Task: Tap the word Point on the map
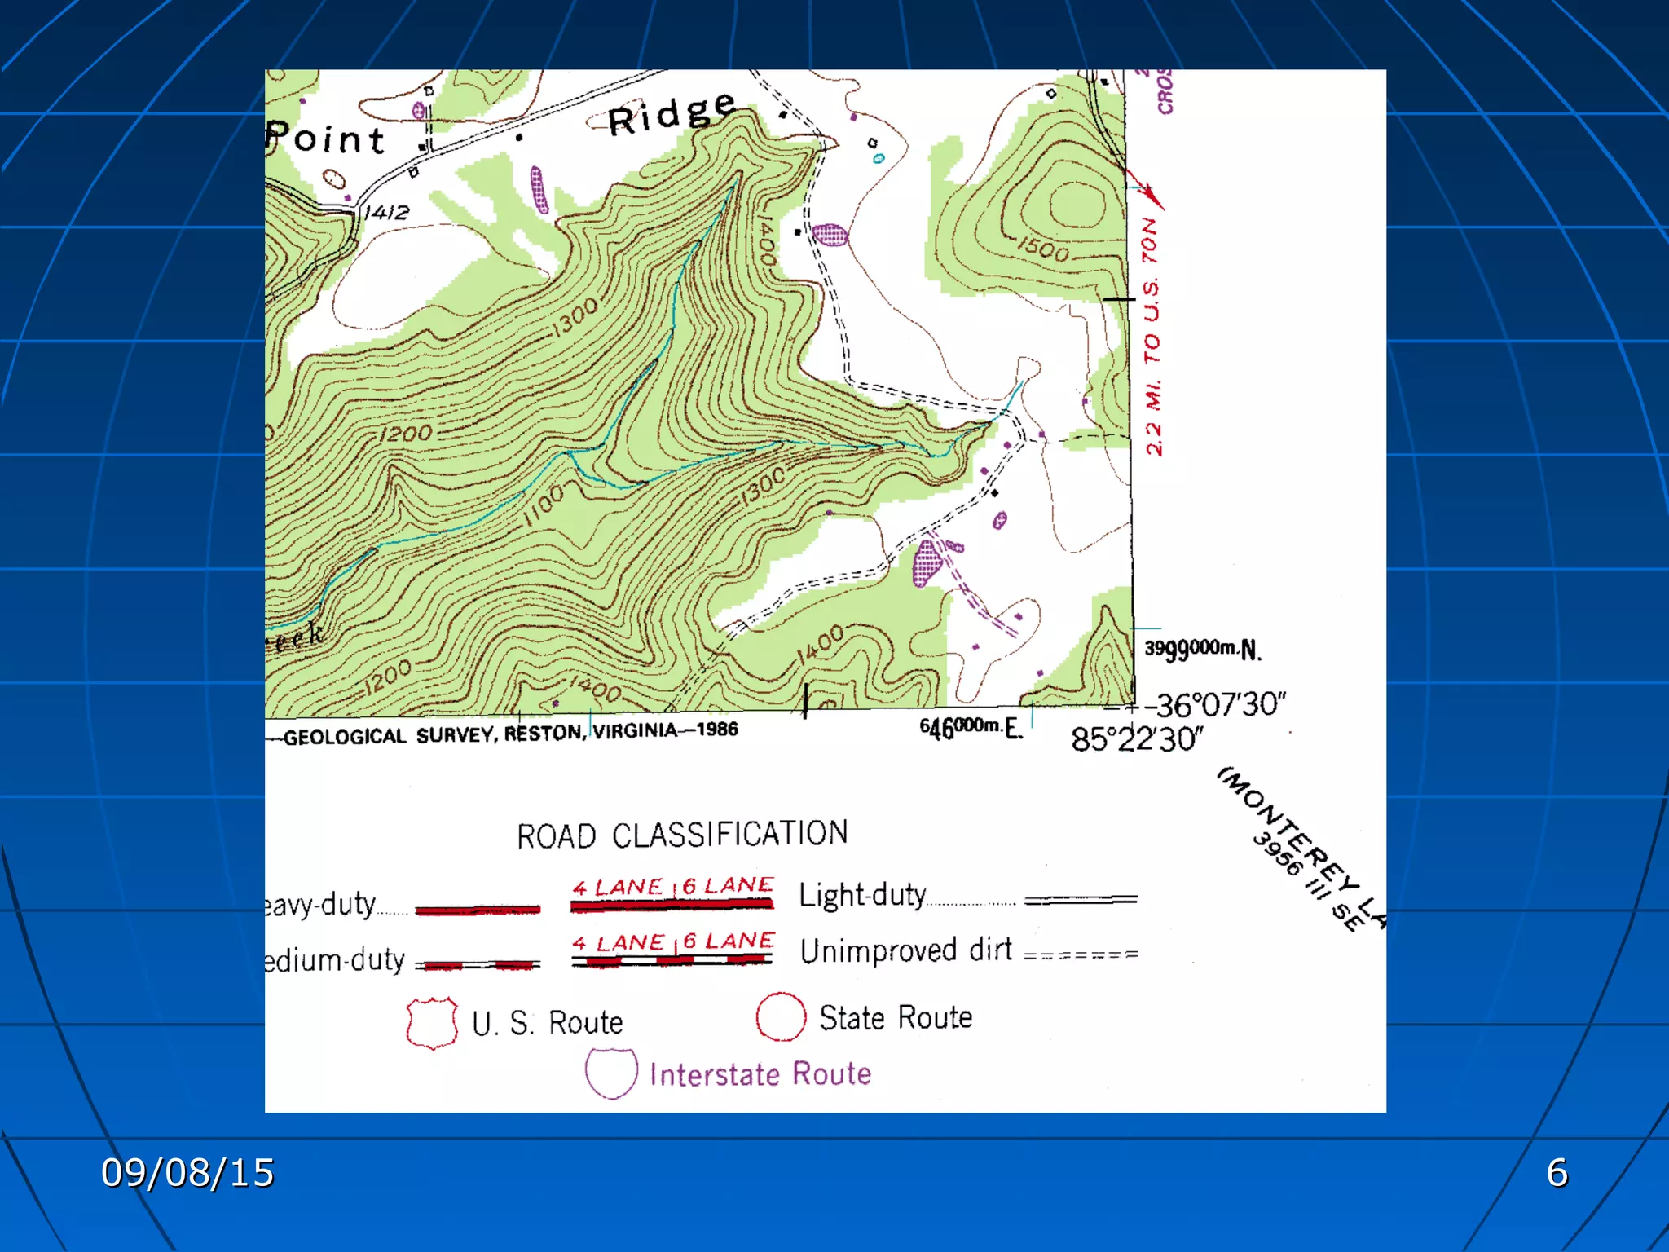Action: (325, 139)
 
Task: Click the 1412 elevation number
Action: (386, 213)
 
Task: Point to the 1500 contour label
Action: (1043, 248)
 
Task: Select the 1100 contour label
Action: (544, 505)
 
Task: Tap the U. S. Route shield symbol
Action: (432, 1022)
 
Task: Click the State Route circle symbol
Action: (780, 1017)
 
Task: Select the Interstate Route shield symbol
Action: (610, 1073)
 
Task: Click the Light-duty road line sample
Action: (1081, 900)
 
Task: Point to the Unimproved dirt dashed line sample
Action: (1081, 954)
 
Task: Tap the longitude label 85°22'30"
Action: (1136, 739)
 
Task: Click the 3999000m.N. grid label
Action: (1202, 649)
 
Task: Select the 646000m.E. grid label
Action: (970, 726)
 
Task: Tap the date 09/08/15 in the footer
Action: (187, 1173)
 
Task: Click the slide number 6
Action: (1557, 1173)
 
